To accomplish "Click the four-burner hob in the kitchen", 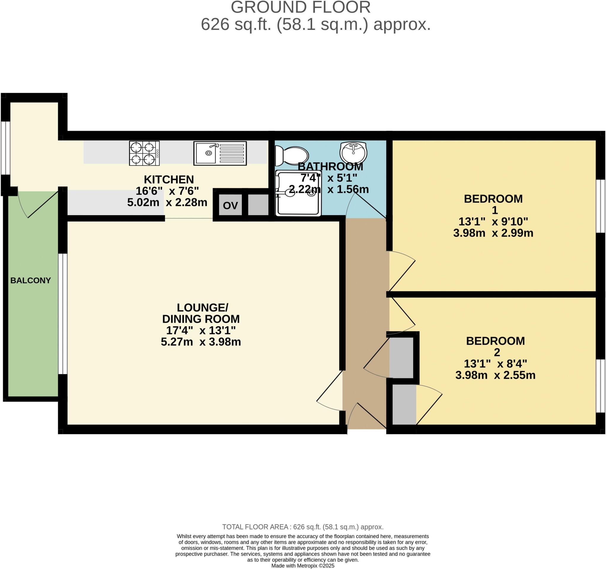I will [x=144, y=153].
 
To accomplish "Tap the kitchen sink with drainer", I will [x=220, y=153].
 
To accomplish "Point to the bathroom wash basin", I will [x=353, y=152].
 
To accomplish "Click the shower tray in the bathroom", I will [x=298, y=193].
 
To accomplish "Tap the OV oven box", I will [x=231, y=205].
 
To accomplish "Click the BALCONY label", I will [x=31, y=281].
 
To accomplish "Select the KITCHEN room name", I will [x=169, y=179].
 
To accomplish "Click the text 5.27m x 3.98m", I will [x=201, y=342].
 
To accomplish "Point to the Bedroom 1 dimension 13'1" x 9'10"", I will [x=493, y=221].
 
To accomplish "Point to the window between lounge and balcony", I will [x=63, y=314].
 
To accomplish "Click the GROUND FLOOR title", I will [x=301, y=7].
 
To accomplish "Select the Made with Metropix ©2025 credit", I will [x=303, y=566].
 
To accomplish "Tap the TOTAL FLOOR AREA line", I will [x=303, y=527].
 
